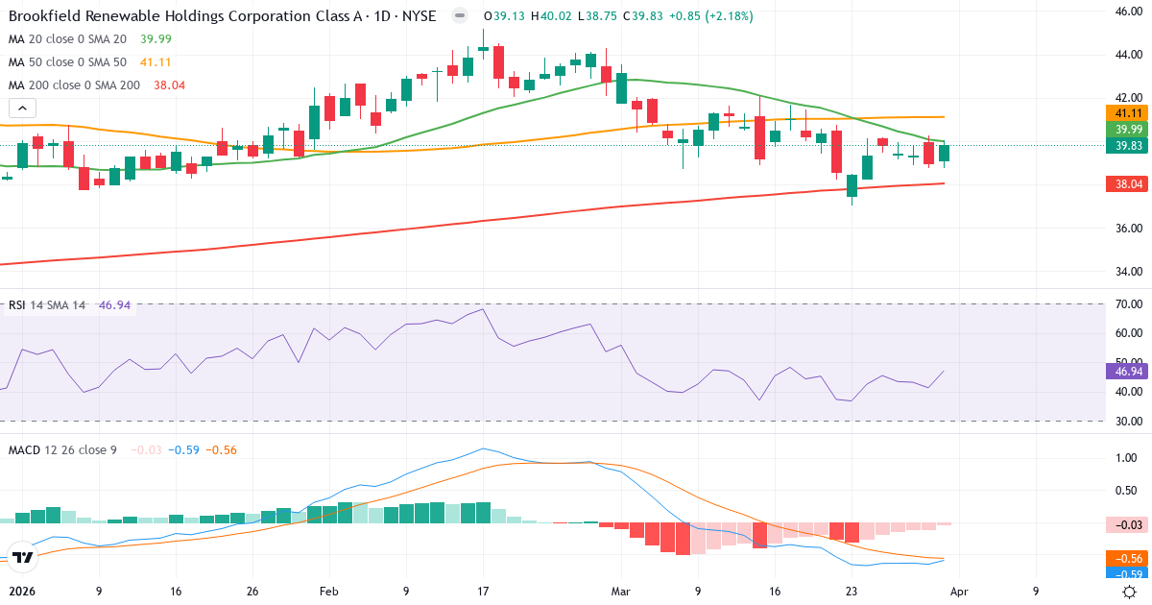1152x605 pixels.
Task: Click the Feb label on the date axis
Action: pos(328,592)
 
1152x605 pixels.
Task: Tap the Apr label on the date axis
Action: pos(960,592)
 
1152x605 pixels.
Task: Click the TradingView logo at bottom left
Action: pos(23,557)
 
